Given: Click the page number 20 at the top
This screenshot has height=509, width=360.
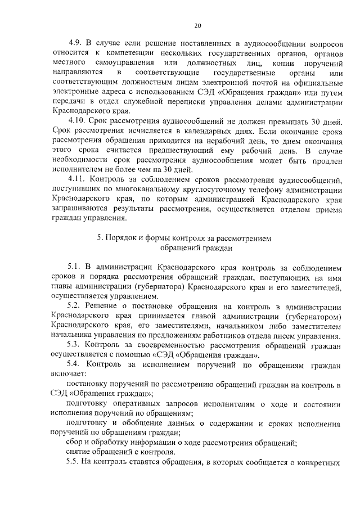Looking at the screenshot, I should pos(197,25).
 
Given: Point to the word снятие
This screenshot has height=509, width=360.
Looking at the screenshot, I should pos(79,452).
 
